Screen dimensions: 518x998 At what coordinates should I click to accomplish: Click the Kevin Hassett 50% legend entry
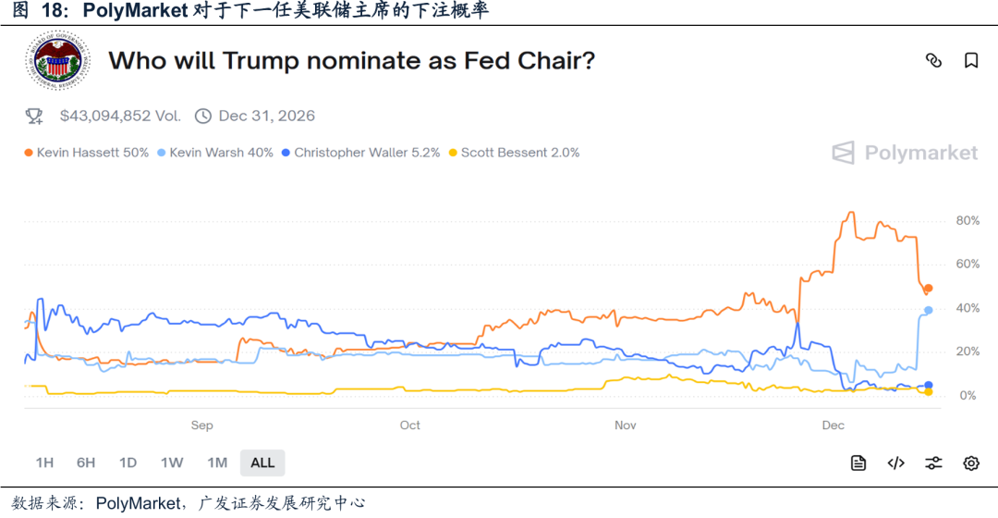(87, 153)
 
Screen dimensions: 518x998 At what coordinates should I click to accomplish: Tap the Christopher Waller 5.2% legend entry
(360, 153)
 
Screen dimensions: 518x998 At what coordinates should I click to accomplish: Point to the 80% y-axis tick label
(968, 220)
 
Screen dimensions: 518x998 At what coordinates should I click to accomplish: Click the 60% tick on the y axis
(968, 264)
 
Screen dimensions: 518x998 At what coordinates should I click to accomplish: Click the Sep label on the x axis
(201, 425)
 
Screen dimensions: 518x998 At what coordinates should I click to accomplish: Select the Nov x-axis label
(625, 425)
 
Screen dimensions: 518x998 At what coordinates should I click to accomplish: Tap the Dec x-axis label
(833, 425)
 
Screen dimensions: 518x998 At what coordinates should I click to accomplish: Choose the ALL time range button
(262, 462)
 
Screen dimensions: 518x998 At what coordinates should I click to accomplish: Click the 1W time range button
(172, 462)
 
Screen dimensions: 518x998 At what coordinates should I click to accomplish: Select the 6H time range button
(86, 462)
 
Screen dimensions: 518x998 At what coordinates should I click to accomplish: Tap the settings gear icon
(971, 463)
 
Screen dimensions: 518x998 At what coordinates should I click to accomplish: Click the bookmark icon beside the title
(971, 61)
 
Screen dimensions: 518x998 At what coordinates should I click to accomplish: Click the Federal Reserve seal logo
(57, 61)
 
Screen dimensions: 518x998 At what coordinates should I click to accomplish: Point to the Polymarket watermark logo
(905, 153)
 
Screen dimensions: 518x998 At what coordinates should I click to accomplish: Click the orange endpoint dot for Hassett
(929, 289)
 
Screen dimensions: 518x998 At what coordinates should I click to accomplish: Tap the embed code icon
(895, 463)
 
